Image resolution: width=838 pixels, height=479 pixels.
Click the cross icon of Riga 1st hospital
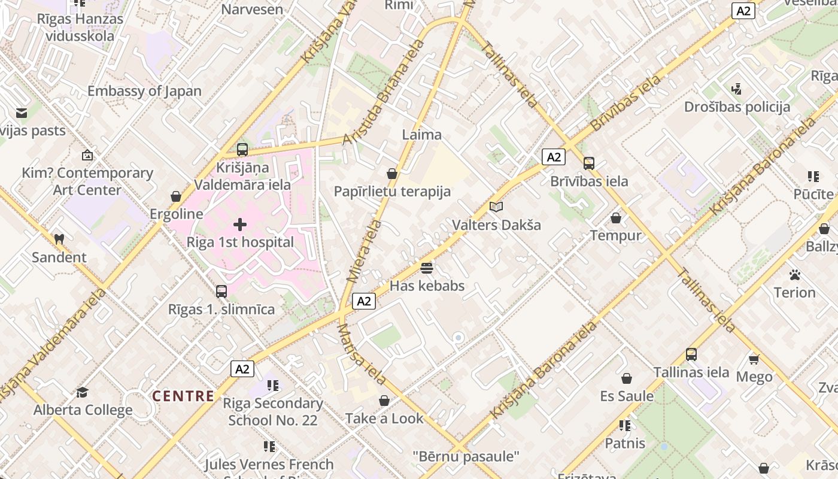240,225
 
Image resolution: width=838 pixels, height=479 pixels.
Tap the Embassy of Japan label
144,91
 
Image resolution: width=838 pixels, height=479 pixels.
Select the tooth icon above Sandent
59,239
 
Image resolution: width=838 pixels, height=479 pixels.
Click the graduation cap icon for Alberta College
82,392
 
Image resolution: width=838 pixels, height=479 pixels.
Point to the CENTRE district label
183,396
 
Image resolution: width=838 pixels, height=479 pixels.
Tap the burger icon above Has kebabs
427,268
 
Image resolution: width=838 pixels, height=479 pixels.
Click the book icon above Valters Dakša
496,207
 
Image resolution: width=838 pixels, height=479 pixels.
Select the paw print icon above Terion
794,275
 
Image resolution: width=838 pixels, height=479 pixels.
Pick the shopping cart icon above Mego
754,359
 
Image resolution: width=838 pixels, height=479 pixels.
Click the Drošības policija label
737,107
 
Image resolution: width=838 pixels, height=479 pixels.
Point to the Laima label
422,135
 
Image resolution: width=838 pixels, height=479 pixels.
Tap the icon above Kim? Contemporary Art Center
87,155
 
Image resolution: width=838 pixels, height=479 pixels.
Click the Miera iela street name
364,251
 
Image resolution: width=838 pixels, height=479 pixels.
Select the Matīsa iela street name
361,354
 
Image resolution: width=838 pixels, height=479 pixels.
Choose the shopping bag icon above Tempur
615,218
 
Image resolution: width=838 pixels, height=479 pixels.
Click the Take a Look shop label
384,419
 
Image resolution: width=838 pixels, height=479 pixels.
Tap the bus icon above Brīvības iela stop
589,163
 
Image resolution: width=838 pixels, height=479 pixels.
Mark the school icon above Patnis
625,426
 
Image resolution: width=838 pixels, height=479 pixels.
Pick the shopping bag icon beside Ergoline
176,196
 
